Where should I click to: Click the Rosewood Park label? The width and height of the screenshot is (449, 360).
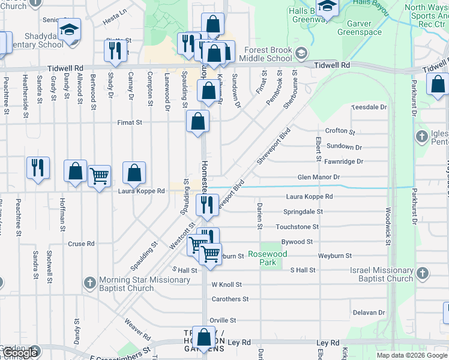268,259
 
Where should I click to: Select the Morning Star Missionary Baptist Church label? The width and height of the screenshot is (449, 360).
145,284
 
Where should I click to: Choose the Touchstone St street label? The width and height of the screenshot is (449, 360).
297,227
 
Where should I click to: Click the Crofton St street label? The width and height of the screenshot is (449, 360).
340,131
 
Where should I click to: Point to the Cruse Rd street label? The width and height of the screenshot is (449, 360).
82,244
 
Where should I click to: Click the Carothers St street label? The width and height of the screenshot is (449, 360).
230,299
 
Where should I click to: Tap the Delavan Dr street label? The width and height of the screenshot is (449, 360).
369,313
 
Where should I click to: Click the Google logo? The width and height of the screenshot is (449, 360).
20,353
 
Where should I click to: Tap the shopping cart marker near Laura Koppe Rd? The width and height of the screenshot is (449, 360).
99,175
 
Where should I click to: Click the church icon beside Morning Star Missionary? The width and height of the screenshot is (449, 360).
89,282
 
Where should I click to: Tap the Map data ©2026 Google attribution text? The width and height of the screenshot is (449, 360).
412,355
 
